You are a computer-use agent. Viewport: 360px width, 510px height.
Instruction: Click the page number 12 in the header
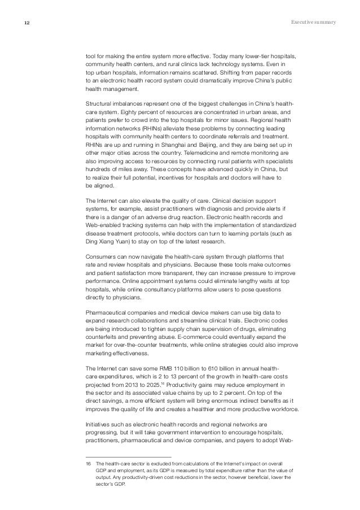point(27,23)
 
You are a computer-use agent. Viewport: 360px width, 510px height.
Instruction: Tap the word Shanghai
point(167,145)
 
